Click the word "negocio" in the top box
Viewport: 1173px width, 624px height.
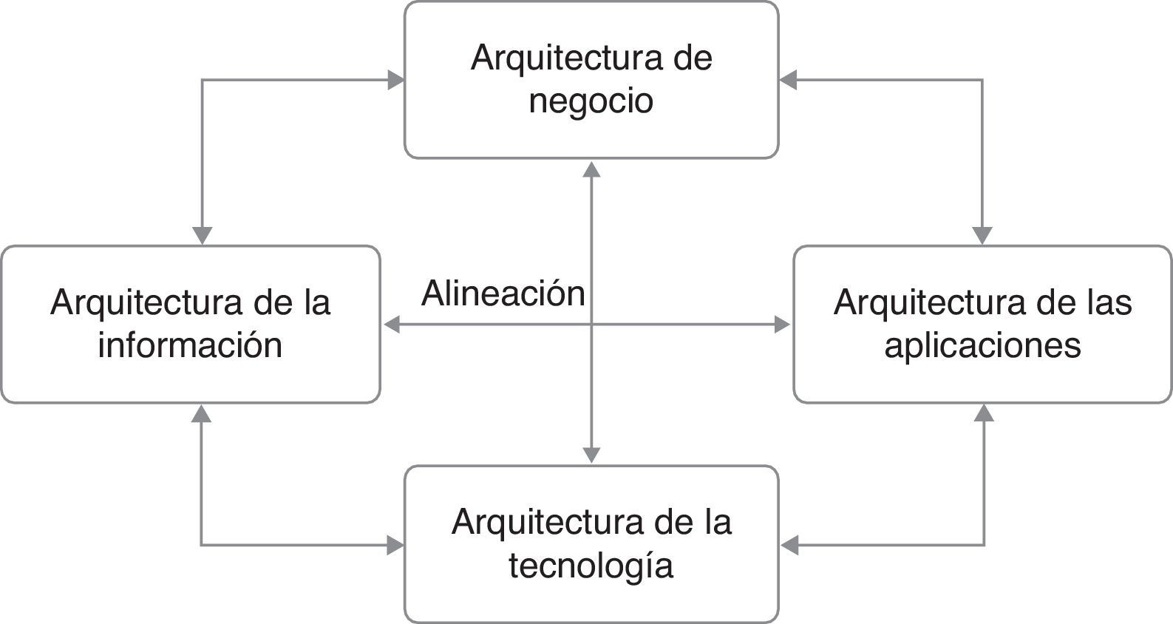click(591, 102)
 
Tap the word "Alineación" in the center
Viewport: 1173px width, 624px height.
click(503, 294)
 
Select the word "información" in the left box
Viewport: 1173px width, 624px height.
click(190, 345)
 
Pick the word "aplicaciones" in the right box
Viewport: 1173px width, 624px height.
click(982, 345)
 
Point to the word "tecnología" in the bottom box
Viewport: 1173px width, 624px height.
click(591, 566)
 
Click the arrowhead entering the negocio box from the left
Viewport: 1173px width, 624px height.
click(396, 80)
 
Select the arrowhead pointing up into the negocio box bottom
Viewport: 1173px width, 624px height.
click(591, 169)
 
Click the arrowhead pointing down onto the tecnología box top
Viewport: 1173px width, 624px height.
click(591, 455)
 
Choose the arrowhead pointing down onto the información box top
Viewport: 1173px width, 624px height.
click(202, 235)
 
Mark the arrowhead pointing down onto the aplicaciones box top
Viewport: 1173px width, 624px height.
click(982, 235)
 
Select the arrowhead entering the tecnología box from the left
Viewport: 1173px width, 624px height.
click(396, 546)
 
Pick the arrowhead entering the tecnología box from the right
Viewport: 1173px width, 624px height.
click(789, 546)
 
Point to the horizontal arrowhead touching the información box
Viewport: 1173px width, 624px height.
click(392, 324)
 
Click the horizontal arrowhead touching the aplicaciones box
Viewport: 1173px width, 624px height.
click(782, 324)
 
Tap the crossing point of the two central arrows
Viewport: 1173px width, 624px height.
click(591, 324)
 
